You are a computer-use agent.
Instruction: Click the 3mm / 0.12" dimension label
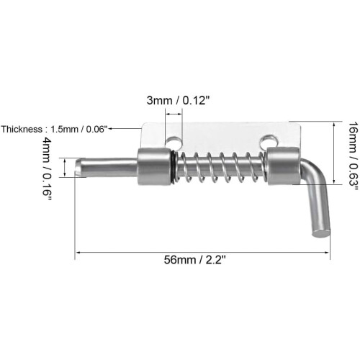179,100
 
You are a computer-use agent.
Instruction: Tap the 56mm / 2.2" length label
195,260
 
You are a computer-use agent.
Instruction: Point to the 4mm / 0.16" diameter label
47,168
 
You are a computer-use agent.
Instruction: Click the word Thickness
22,129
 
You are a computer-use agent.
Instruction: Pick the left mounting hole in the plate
174,142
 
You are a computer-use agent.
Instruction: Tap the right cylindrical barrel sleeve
284,166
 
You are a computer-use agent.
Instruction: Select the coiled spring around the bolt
222,167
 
